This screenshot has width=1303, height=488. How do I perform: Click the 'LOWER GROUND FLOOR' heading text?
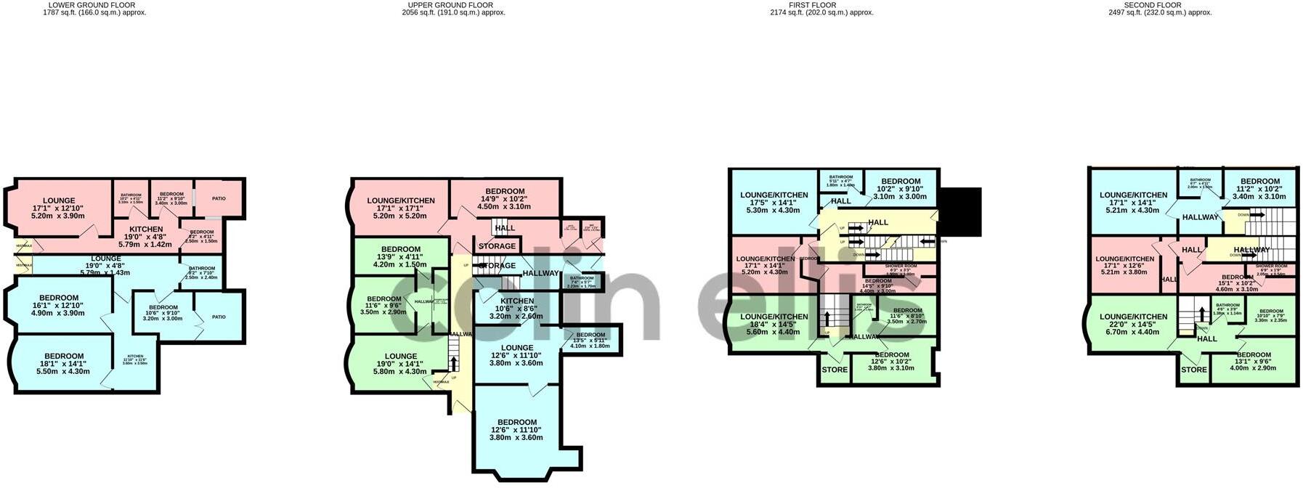pos(94,5)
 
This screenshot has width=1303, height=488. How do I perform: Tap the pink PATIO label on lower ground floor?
pos(219,198)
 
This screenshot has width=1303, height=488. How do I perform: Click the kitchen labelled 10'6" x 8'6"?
pos(517,308)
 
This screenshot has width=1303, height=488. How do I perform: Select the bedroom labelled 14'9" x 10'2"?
pos(505,198)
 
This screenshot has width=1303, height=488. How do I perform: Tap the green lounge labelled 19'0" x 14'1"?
pos(401,363)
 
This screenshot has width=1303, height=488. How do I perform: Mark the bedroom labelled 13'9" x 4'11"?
pos(401,256)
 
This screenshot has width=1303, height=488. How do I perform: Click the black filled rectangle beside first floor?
pos(960,211)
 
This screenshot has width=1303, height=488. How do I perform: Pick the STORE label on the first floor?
pos(835,370)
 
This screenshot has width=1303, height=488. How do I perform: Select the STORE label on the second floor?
pos(1193,370)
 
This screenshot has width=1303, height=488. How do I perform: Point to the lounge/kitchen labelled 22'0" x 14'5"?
pos(1133,323)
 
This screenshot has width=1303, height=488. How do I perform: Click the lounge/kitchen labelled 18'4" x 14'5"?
pos(774,324)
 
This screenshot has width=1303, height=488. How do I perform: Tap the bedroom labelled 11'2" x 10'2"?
pos(1259,188)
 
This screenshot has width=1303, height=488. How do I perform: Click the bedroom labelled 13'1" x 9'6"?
pos(1253,361)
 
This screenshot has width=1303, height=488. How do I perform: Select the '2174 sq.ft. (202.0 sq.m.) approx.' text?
pos(821,13)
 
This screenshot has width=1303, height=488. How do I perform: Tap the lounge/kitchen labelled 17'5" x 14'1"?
pos(774,202)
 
